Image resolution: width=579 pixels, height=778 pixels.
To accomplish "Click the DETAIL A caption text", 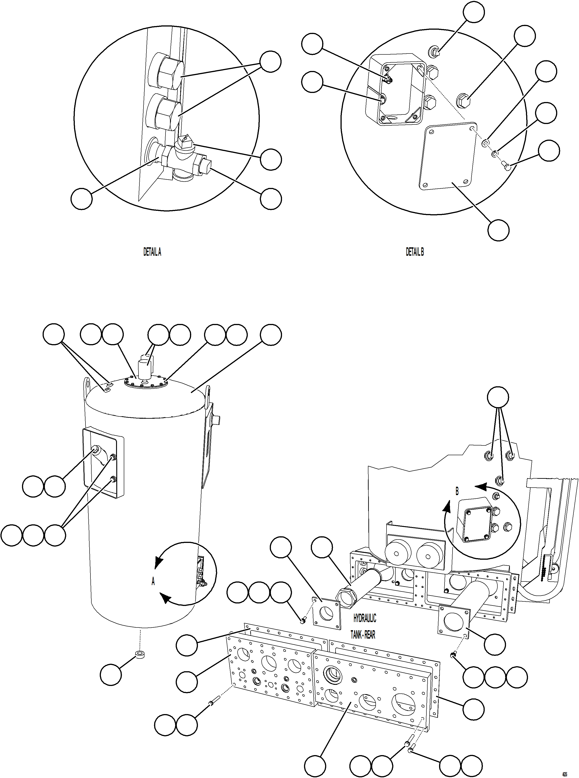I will pos(152,252).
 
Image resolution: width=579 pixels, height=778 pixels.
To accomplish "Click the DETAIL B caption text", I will pos(415,252).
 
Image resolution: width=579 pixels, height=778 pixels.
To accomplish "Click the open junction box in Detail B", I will pos(395,89).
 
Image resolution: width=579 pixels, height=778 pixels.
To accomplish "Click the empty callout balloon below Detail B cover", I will pos(498,230).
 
